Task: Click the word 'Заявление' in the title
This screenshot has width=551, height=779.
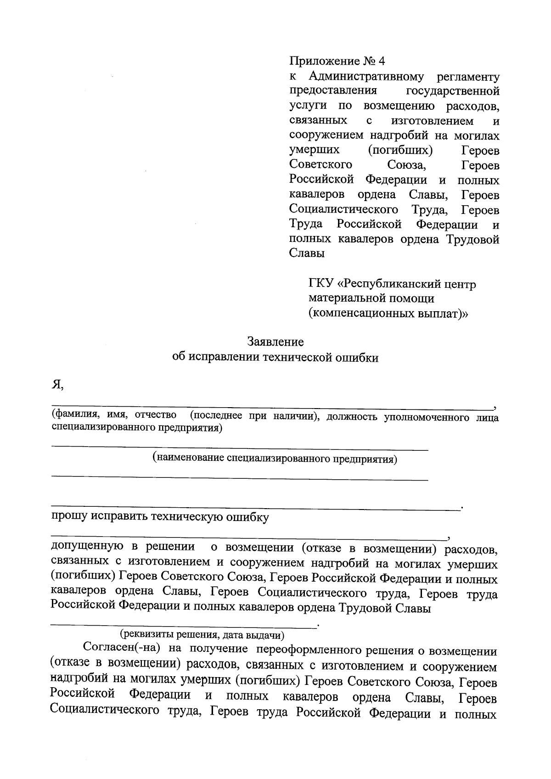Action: [275, 342]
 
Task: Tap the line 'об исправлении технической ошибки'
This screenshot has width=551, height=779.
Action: [275, 358]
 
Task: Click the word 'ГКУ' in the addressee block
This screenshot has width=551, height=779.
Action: [320, 284]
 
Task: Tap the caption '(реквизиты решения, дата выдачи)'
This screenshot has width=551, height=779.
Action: [202, 635]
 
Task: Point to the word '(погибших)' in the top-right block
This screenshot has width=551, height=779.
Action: [400, 151]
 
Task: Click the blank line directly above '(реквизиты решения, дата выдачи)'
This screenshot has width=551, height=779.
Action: [184, 625]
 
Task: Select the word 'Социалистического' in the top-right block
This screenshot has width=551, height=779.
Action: [343, 210]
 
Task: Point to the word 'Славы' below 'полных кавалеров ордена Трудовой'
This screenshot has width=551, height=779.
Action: [307, 254]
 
